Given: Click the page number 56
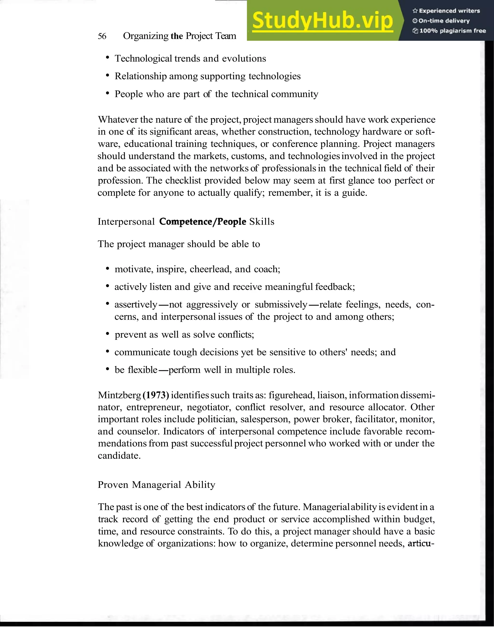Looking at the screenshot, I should pos(102,36).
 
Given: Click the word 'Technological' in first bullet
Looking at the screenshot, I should pos(143,58).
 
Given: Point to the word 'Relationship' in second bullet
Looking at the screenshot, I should pos(141,76).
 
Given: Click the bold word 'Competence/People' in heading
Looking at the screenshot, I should pos(202,221).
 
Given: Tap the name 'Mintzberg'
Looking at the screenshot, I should pos(119,395).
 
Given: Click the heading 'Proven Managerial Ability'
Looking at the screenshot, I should pos(157,485).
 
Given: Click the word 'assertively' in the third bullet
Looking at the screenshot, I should pos(136,304).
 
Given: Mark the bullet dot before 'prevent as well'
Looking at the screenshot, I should pos(107,334).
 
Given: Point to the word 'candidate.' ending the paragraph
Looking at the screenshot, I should pos(119,456).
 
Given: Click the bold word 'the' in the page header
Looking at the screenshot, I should pos(177,36).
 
